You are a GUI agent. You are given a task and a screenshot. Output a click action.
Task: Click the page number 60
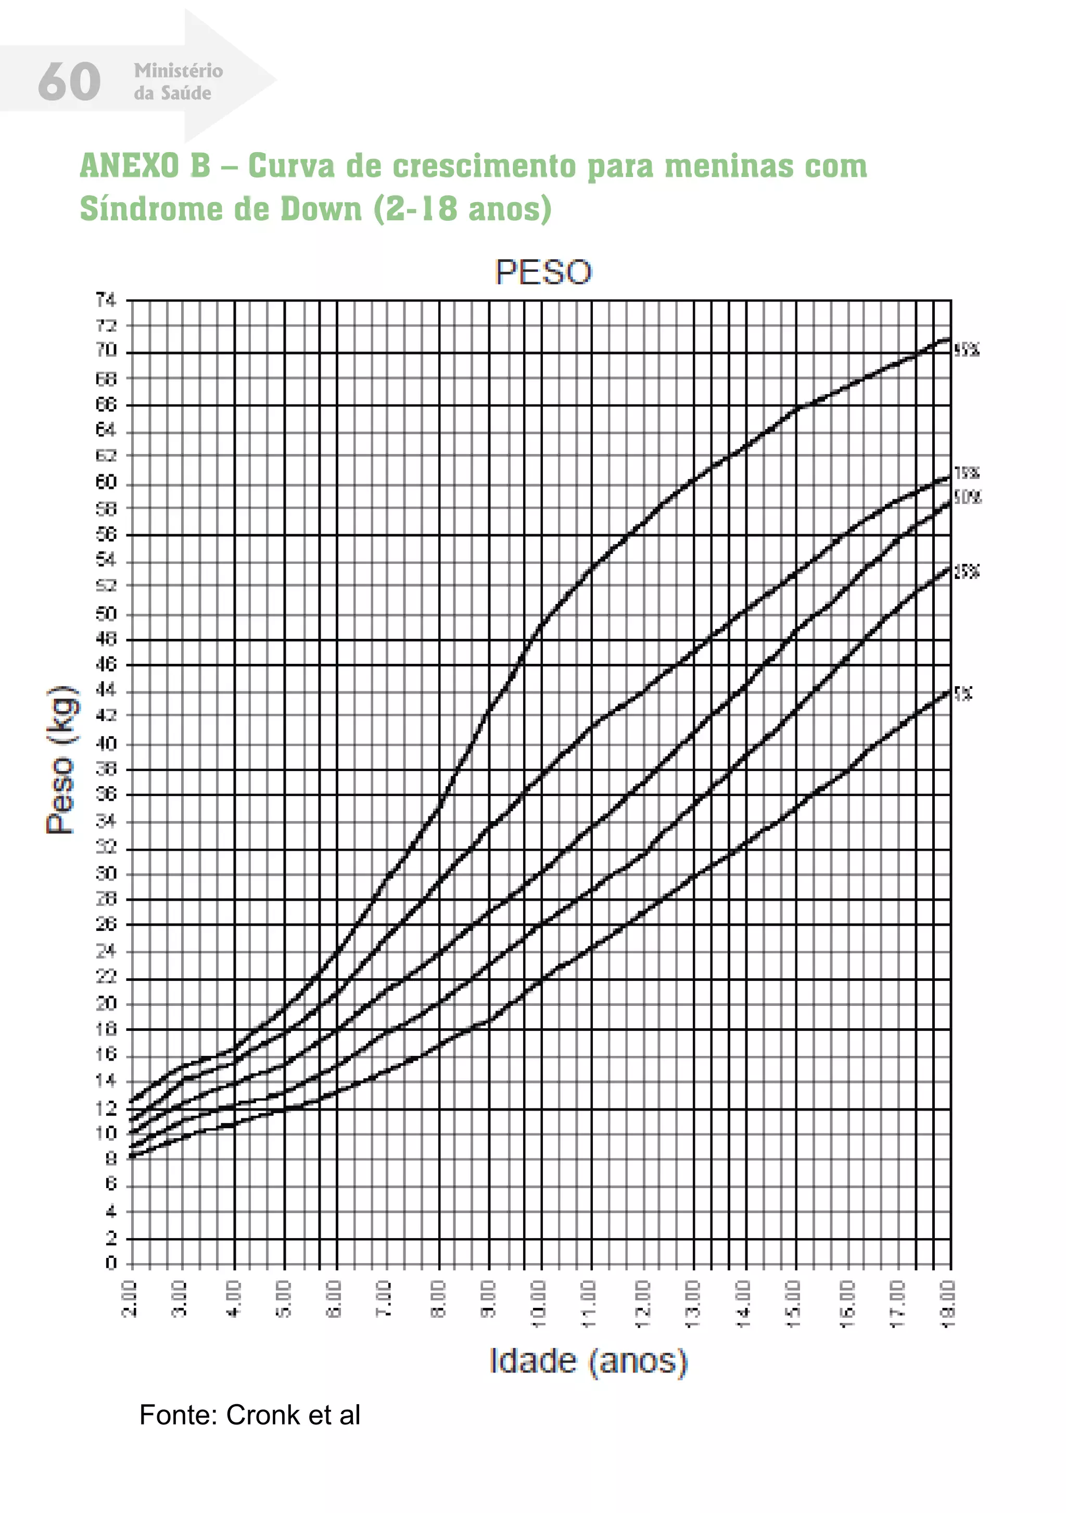coord(69,82)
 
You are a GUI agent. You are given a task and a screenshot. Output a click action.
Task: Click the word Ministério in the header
coord(178,70)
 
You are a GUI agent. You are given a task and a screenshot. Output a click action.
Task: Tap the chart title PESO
coord(543,272)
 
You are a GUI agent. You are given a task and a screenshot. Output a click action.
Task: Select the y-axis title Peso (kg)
coord(60,760)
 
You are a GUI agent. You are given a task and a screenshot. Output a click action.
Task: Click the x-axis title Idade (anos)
coord(588,1361)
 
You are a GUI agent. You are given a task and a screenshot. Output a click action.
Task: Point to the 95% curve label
coord(967,350)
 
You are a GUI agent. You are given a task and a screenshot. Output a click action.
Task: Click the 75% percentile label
coord(967,472)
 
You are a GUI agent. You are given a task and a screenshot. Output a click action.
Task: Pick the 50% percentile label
coord(967,498)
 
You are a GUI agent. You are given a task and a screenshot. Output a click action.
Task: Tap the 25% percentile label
coord(967,571)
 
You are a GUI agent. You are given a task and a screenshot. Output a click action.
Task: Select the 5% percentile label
coord(963,693)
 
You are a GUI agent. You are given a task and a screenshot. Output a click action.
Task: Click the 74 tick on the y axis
coord(106,300)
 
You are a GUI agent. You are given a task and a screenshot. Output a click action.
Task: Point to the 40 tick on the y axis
coord(106,743)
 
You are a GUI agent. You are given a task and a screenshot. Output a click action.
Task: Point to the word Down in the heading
coord(321,209)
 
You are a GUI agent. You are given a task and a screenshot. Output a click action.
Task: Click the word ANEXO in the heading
coord(129,166)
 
